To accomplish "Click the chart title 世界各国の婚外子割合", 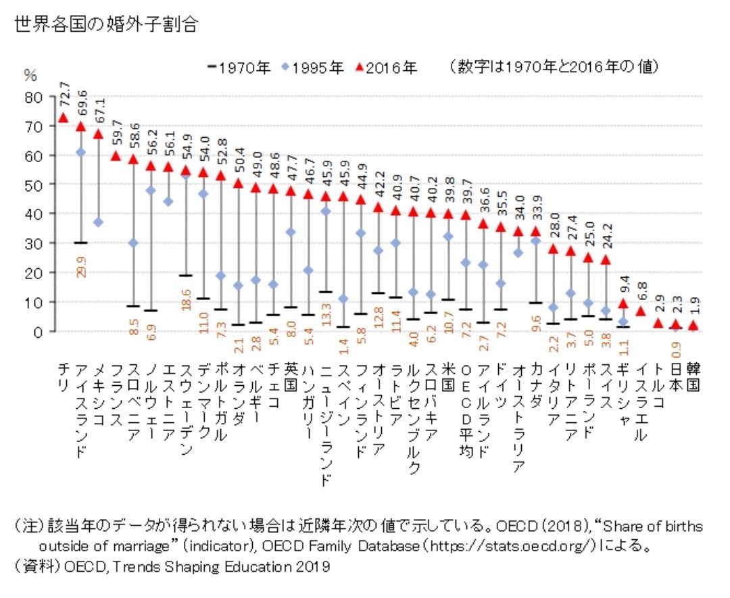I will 105,25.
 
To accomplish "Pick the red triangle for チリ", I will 63,118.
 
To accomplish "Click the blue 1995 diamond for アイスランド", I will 80,153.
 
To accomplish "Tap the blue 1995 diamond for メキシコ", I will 98,222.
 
